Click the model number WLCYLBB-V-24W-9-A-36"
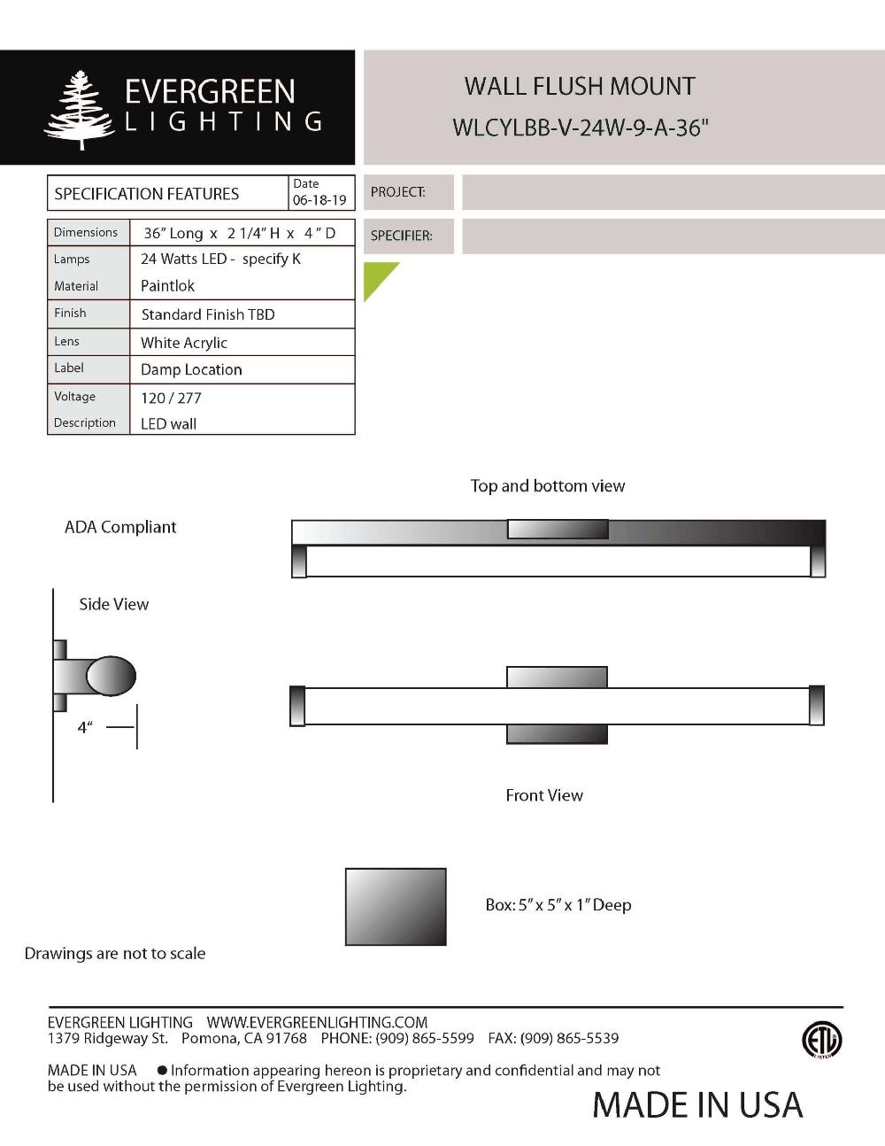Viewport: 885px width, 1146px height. tap(581, 128)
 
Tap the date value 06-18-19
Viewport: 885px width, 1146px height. tap(319, 200)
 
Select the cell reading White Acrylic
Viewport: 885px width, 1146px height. tap(184, 343)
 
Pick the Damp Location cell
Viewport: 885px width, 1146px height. tap(191, 369)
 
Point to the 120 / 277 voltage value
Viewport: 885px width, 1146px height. tap(171, 398)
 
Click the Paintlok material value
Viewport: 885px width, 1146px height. tap(167, 286)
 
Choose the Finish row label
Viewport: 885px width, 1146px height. tap(70, 313)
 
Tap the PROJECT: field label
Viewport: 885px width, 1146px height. tap(397, 192)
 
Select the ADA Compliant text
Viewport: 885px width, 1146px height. tap(120, 527)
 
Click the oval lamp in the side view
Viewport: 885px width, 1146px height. tap(112, 677)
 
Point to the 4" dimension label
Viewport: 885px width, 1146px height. tap(85, 728)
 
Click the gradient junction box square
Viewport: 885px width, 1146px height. tap(396, 906)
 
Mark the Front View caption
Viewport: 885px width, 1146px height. tap(544, 795)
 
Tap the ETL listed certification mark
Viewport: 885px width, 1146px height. tap(821, 1040)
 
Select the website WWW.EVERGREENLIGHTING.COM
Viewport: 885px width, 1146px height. tap(317, 1022)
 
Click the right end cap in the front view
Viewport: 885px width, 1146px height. tap(817, 706)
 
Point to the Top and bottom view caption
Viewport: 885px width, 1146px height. tap(547, 485)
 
